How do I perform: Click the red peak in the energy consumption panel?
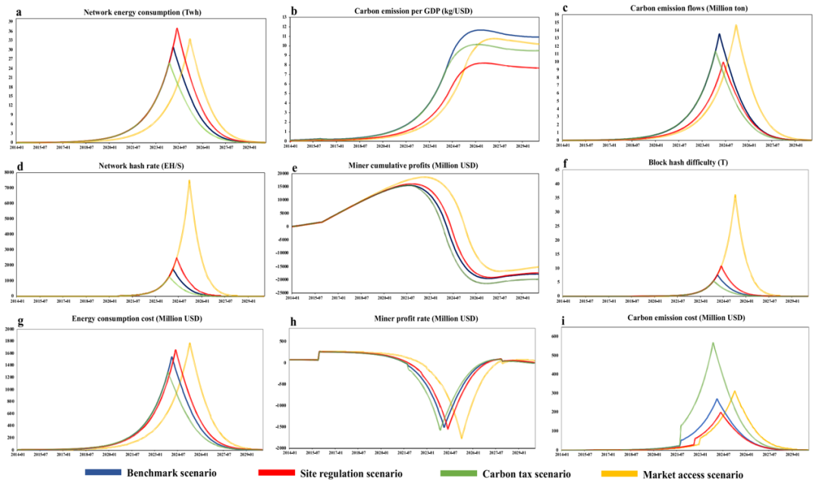point(177,29)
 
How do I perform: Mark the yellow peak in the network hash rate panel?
point(189,181)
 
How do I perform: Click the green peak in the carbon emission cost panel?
point(712,343)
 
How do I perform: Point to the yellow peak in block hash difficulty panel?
point(734,195)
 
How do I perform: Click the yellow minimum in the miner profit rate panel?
point(461,438)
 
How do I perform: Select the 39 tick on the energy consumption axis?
point(11,21)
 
